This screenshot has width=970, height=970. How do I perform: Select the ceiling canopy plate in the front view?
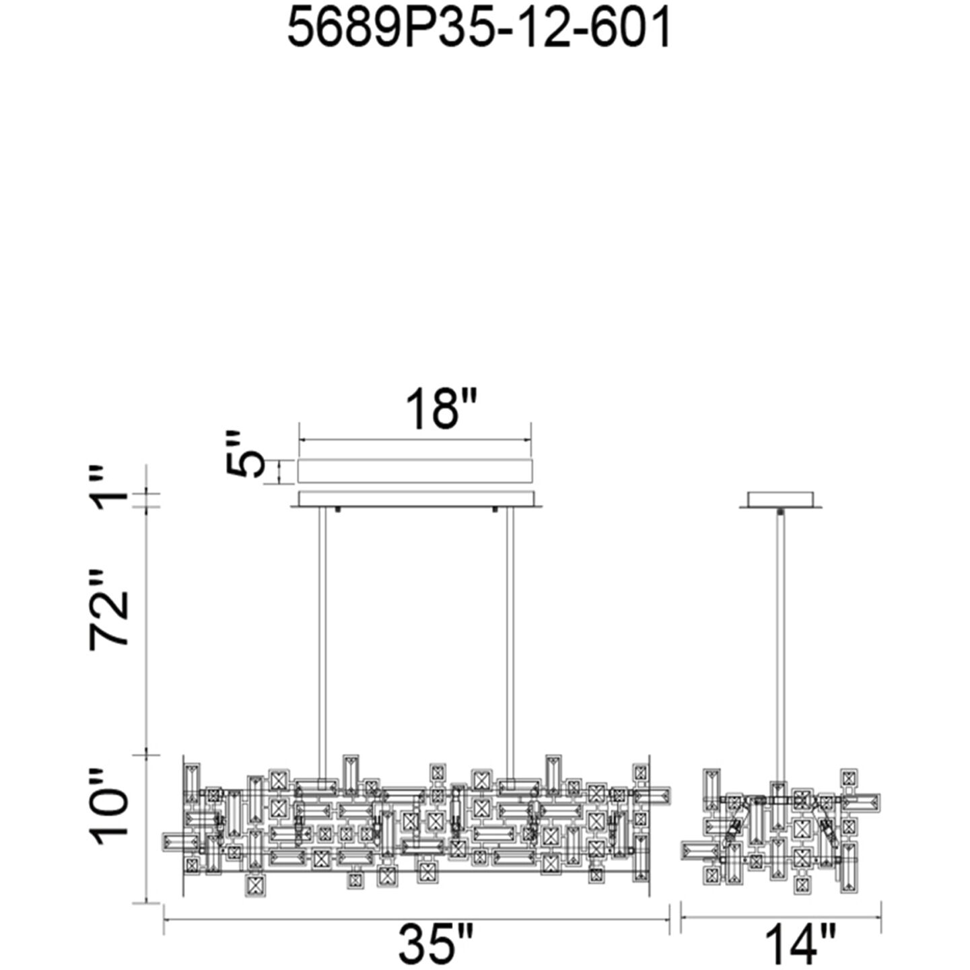pyautogui.click(x=417, y=499)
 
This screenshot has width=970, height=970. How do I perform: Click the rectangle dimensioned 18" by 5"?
pyautogui.click(x=415, y=471)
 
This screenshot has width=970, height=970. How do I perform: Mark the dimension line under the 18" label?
pyautogui.click(x=415, y=440)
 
